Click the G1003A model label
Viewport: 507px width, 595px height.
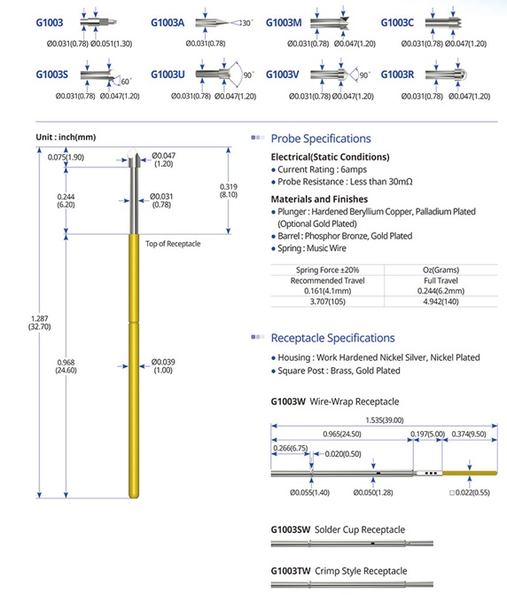(168, 23)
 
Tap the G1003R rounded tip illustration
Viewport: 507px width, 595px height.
(446, 74)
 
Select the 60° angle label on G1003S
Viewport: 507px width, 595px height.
(126, 82)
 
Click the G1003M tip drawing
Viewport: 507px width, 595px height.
(329, 23)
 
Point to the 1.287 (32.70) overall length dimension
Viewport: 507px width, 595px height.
(39, 323)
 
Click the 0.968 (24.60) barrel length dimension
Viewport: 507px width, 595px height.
(66, 366)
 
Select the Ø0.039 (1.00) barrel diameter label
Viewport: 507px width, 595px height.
(163, 366)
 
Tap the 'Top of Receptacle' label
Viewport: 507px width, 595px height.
(173, 244)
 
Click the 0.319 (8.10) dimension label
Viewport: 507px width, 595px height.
(229, 191)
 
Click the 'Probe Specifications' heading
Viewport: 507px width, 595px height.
(321, 138)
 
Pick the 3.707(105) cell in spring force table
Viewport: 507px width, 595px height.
(327, 301)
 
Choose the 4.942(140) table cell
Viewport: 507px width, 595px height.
(441, 301)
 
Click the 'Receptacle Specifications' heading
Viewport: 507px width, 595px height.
(332, 338)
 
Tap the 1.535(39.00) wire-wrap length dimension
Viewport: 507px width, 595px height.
(385, 420)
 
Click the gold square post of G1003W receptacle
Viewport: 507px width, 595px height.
(470, 474)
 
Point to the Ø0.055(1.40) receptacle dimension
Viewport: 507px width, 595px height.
(309, 492)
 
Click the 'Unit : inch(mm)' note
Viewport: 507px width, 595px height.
(66, 137)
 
